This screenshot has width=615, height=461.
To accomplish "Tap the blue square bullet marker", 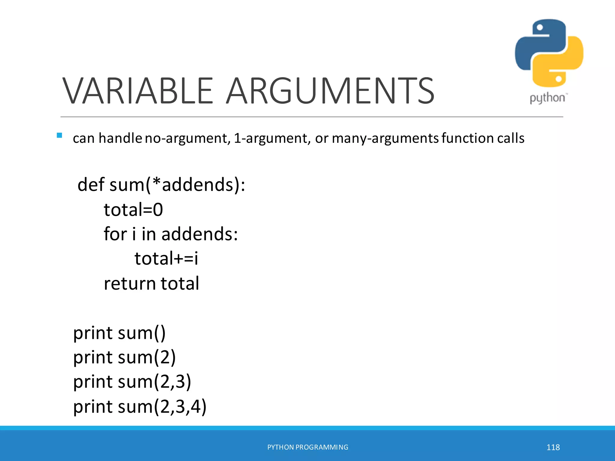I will point(59,135).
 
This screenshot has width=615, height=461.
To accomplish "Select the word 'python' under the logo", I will point(547,98).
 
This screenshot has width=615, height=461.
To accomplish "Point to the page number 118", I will point(553,447).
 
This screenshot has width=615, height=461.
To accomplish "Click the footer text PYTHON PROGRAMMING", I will point(307,447).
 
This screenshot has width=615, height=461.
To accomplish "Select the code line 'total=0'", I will point(133,209).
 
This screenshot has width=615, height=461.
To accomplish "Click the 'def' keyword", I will point(91,184).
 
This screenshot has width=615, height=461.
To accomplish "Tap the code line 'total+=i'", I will point(166,258).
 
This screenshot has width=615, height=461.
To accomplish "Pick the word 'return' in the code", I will point(129,284).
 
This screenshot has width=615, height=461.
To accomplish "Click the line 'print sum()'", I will point(119,333).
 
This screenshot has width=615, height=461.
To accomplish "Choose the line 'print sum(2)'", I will point(124,358).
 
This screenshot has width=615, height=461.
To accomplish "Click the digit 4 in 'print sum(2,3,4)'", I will point(195,407).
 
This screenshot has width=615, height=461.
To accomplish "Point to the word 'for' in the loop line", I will point(115,234).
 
